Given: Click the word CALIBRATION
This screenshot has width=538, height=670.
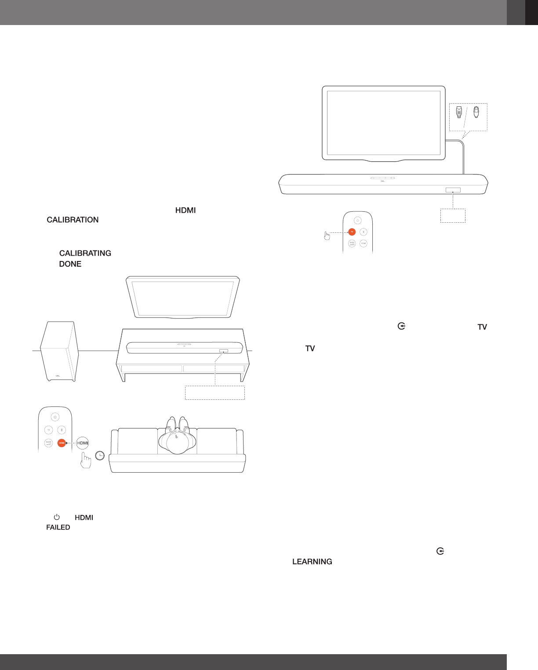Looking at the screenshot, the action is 73,220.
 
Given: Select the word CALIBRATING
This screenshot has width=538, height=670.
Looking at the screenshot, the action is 85,253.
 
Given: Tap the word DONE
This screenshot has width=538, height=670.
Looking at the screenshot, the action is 70,264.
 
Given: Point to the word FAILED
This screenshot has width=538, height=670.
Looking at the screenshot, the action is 58,527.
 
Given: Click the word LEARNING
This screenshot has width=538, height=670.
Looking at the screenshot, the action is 312,561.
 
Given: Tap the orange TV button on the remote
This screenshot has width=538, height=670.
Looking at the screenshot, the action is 352,232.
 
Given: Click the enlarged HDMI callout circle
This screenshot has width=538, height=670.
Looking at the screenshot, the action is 83,443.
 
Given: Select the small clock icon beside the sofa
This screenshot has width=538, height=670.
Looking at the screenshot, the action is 100,456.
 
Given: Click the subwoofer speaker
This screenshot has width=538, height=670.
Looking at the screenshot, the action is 59,351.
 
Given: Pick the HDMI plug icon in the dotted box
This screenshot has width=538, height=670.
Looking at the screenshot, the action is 459,112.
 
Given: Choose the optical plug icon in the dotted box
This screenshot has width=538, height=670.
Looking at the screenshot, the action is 476,112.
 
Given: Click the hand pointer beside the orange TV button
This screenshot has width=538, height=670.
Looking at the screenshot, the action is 327,236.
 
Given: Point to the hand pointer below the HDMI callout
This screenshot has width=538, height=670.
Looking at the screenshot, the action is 86,461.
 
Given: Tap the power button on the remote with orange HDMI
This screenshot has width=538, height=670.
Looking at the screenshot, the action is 55,417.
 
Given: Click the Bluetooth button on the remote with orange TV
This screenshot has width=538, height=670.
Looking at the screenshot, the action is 364,232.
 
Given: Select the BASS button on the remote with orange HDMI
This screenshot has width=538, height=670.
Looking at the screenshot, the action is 48,443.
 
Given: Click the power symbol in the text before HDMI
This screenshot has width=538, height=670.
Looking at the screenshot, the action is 57,518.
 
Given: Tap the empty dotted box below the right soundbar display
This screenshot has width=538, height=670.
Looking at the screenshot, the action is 453,216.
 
